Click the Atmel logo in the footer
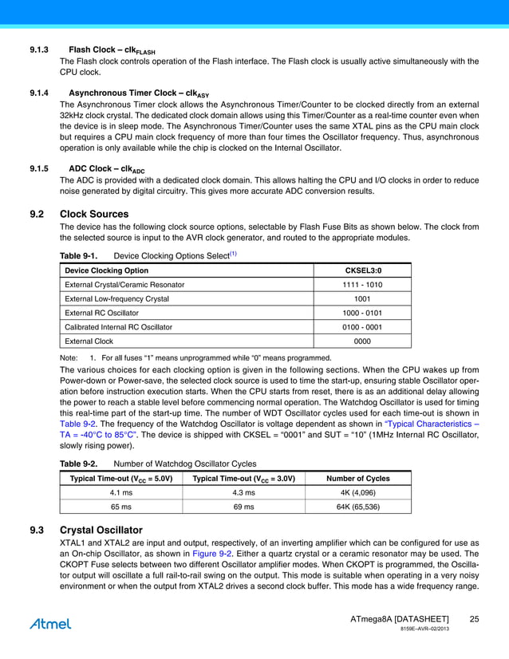coord(50,623)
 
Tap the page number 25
coord(474,620)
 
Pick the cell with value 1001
coord(362,298)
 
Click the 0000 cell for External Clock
coord(362,341)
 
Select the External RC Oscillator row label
coord(101,313)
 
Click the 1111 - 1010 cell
coord(362,284)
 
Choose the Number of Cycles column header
coord(358,478)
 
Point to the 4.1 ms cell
coord(121,492)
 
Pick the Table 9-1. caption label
coord(78,255)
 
